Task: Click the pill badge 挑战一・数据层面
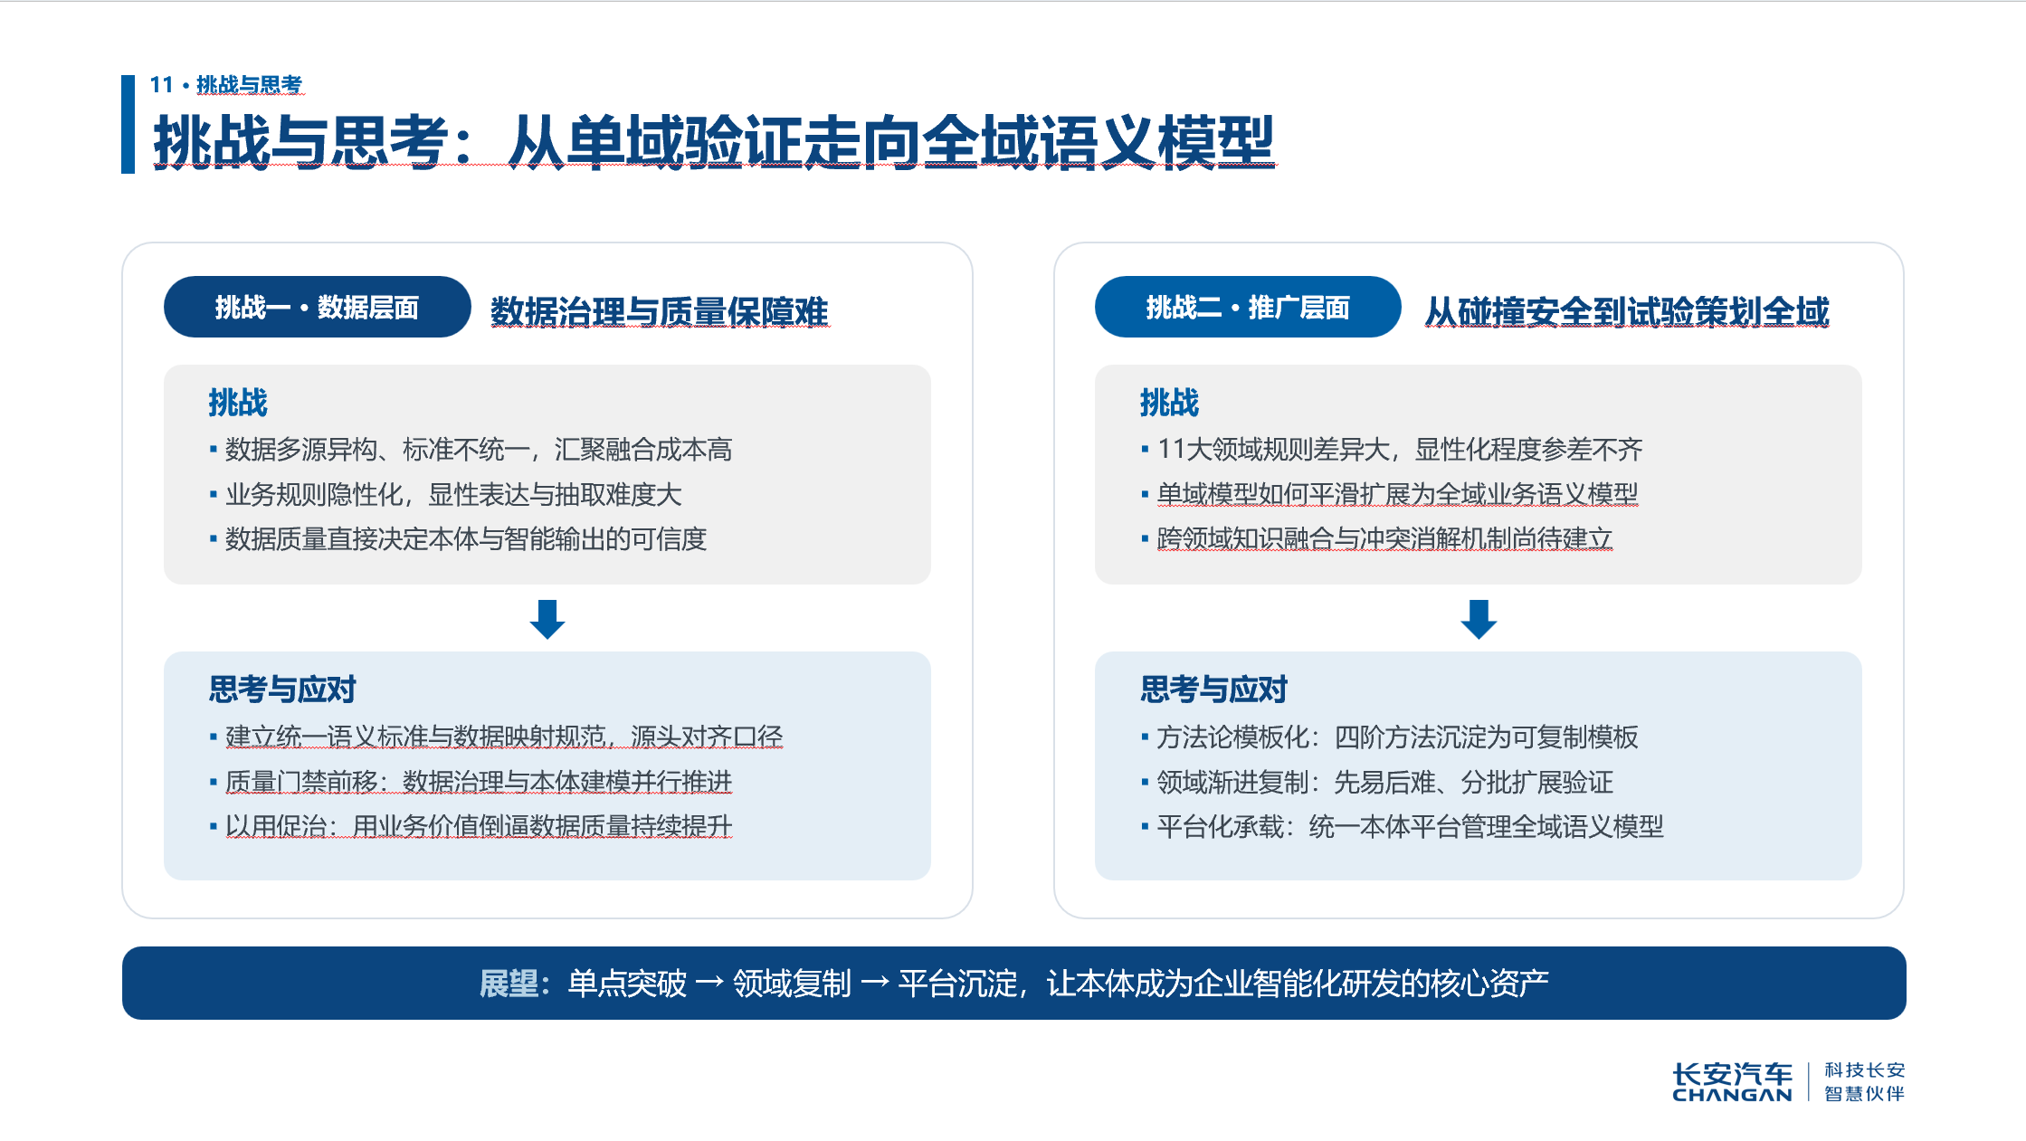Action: (x=317, y=307)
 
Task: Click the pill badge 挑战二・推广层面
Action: (x=1248, y=307)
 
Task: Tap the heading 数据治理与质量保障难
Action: (x=660, y=311)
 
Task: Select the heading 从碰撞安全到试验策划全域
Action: (x=1627, y=311)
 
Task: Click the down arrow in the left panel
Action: (x=547, y=619)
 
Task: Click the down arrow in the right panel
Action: (x=1479, y=619)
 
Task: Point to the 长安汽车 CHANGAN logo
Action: (x=1732, y=1082)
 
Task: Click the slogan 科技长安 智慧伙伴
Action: (x=1865, y=1082)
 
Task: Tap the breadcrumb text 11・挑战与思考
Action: (x=226, y=85)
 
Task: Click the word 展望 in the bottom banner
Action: (x=509, y=984)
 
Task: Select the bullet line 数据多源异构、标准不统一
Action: (x=471, y=450)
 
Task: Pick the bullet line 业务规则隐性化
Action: (x=445, y=495)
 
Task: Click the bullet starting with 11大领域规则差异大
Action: (x=1392, y=450)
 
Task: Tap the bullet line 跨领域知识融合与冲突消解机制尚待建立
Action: (x=1376, y=539)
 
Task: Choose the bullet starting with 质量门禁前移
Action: (x=471, y=782)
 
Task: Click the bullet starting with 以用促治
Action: (x=471, y=826)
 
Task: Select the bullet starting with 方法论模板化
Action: (x=1389, y=737)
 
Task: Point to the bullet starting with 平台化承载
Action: (x=1402, y=826)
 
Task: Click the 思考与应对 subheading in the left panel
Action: (x=282, y=689)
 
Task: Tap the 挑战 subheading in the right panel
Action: (x=1169, y=403)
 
